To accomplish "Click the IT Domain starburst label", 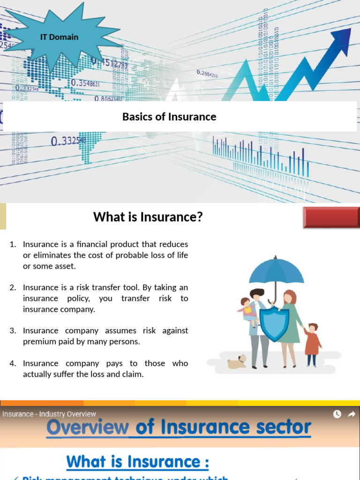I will (x=59, y=37).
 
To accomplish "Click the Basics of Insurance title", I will (x=169, y=117).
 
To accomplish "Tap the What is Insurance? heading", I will (x=148, y=217).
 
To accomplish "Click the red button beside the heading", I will (x=331, y=217).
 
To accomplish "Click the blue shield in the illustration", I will (x=274, y=323).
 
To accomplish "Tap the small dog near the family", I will (x=237, y=361).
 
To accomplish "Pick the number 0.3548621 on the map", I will (x=85, y=83).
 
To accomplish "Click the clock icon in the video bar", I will (x=337, y=414).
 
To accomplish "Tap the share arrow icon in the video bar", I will (x=351, y=414).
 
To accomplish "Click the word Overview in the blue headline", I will (x=88, y=427).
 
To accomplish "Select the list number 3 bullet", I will (x=13, y=330).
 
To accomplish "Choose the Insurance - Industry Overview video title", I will (x=49, y=414).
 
